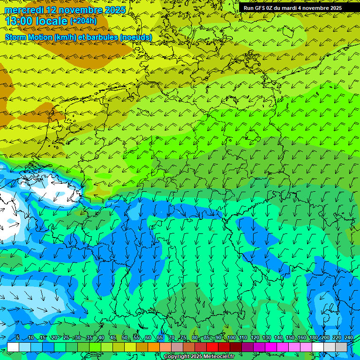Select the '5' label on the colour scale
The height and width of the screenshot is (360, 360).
pos(17,338)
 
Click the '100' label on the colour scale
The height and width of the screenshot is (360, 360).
pos(232,338)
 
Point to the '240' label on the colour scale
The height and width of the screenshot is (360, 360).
pos(349,338)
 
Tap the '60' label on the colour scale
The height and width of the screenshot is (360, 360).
pos(148,338)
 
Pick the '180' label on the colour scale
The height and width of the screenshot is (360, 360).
pos(314,338)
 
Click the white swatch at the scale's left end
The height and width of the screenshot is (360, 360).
pos(13,347)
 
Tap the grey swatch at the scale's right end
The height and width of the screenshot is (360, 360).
pos(341,347)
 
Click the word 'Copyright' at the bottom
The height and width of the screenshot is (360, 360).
pos(177,357)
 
